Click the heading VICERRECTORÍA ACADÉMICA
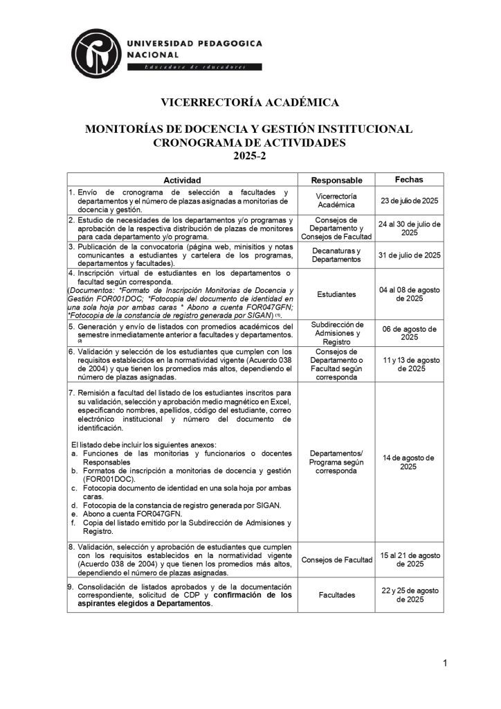click(x=250, y=102)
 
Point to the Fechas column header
click(x=409, y=179)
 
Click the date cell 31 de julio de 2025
click(x=410, y=255)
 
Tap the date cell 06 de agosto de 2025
click(x=410, y=333)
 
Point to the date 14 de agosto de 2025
click(x=408, y=462)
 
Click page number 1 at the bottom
click(x=446, y=665)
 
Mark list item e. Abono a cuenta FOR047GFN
click(x=131, y=514)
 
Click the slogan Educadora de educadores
click(x=194, y=67)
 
